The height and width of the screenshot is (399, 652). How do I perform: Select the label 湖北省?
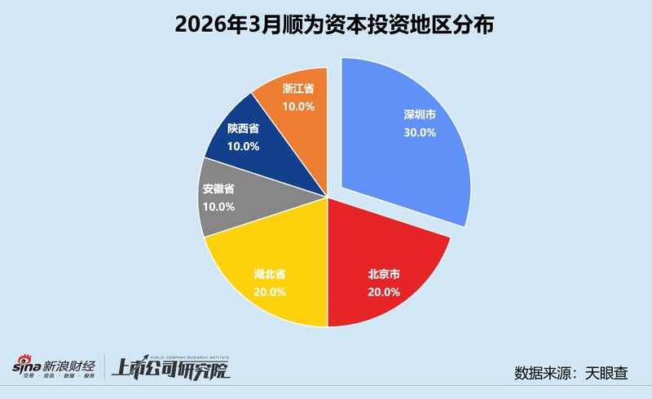tap(269, 273)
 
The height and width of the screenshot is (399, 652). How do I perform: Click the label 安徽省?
tap(218, 190)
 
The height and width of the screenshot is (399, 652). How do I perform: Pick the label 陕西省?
tap(244, 129)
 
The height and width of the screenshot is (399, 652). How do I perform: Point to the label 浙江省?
tap(299, 88)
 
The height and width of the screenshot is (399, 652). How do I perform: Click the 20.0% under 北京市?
tap(384, 291)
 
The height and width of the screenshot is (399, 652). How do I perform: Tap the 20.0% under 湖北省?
tap(269, 290)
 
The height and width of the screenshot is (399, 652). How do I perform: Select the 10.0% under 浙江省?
tap(299, 105)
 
